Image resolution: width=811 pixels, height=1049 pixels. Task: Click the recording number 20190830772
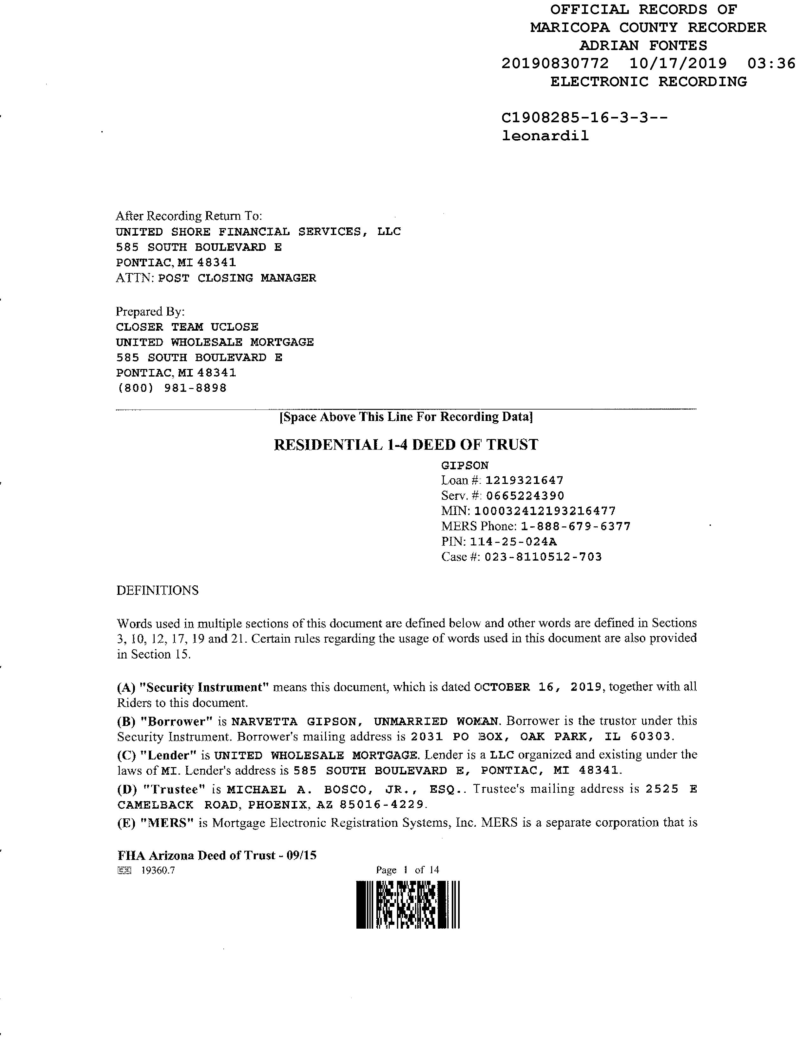(x=555, y=63)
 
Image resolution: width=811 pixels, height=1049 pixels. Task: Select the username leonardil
(x=545, y=136)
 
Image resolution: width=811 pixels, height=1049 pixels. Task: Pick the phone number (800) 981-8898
(x=171, y=388)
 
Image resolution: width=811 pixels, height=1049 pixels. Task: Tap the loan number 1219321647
(x=524, y=480)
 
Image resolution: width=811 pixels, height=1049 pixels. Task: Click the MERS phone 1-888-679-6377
(x=576, y=526)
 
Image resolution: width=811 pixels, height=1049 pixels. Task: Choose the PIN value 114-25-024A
(x=513, y=542)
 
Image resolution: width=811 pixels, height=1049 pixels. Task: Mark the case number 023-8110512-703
(x=543, y=557)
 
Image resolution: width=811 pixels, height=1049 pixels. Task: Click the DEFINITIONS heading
(x=157, y=590)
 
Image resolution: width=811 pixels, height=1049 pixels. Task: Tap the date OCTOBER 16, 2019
(x=538, y=687)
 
